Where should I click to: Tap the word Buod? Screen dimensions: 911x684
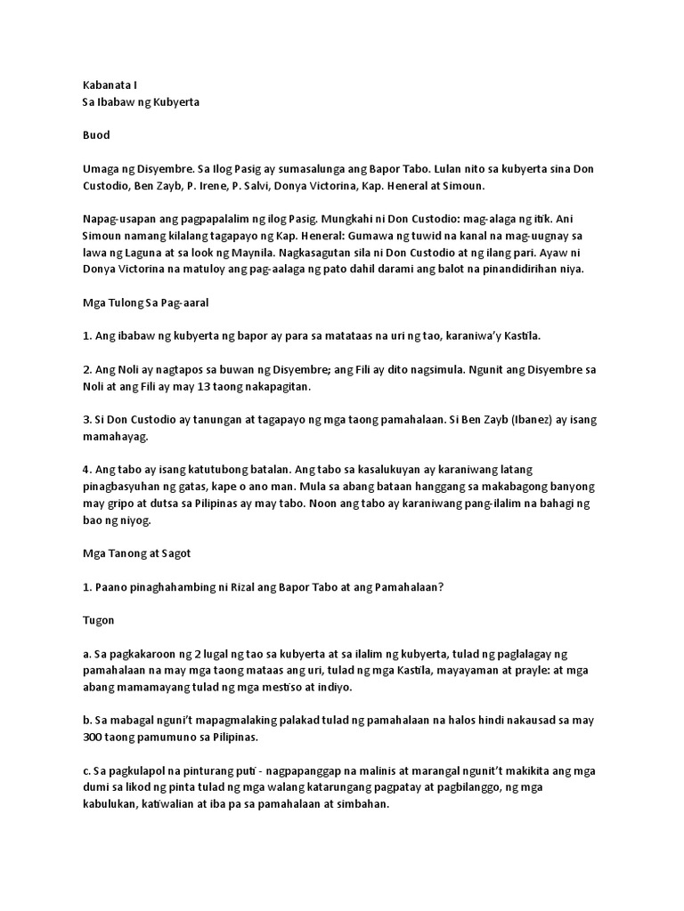coord(95,135)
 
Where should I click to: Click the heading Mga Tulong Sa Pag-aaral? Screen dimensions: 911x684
coord(146,302)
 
